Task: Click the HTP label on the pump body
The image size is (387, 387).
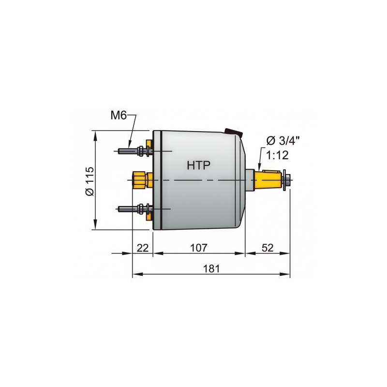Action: (x=198, y=165)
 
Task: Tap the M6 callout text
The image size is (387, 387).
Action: (x=119, y=116)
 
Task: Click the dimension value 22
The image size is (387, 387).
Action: (x=142, y=247)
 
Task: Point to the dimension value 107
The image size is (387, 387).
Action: (x=198, y=247)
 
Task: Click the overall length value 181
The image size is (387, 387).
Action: (x=211, y=268)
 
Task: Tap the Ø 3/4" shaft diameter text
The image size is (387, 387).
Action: (x=283, y=141)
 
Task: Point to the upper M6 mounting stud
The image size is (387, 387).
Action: (x=128, y=151)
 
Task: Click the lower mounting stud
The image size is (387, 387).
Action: (x=128, y=209)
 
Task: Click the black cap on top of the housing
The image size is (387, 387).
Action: (x=233, y=131)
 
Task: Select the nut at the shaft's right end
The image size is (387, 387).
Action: (x=288, y=180)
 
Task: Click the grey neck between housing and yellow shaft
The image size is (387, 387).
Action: (x=251, y=179)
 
